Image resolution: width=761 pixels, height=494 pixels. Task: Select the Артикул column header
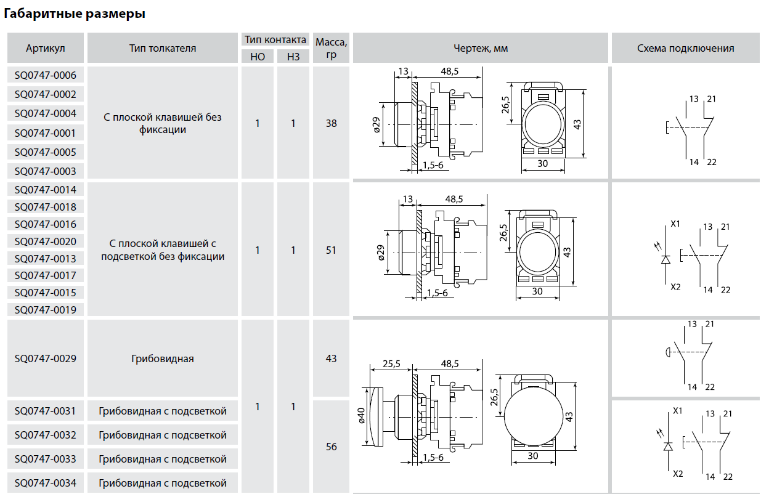point(46,48)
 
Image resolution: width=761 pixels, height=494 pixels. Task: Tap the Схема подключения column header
point(685,48)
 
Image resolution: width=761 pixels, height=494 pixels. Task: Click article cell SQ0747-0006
point(46,75)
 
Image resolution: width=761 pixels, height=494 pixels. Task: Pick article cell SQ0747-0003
point(46,171)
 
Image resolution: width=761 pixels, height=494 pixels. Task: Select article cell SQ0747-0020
point(46,241)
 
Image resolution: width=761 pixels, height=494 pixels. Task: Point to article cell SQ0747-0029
point(46,358)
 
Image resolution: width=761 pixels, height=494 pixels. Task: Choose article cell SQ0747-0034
point(46,483)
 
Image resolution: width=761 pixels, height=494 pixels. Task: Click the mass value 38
point(332,123)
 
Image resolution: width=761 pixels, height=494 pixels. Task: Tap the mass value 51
point(332,250)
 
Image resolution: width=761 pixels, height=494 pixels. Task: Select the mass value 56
point(332,447)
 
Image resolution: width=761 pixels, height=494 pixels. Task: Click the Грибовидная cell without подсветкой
point(163,358)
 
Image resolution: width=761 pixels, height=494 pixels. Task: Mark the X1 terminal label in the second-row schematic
point(675,224)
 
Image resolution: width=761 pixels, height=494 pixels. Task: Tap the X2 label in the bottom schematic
point(678,474)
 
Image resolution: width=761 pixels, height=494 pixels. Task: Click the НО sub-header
point(258,57)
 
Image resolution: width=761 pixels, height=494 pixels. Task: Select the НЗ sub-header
point(293,57)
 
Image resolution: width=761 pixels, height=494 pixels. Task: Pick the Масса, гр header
point(332,48)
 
